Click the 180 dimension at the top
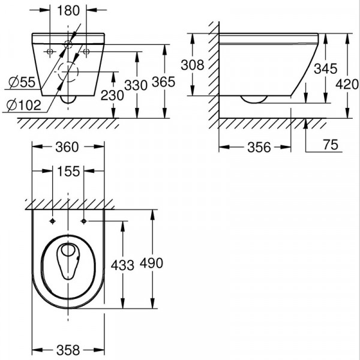point(68,11)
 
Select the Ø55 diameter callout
point(22,82)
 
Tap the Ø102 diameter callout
point(24,105)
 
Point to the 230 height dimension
point(112,95)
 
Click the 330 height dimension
point(136,85)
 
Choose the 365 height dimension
point(163,82)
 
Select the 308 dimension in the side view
point(193,65)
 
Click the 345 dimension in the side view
point(326,68)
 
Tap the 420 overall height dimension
point(347,84)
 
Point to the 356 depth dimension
point(259,147)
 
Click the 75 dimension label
point(331,145)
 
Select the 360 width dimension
point(67,147)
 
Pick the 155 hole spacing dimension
point(68,171)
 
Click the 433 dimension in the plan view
point(122,265)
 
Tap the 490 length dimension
point(152,263)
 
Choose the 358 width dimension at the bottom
point(68,350)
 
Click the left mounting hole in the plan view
point(53,221)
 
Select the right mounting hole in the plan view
point(84,221)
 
